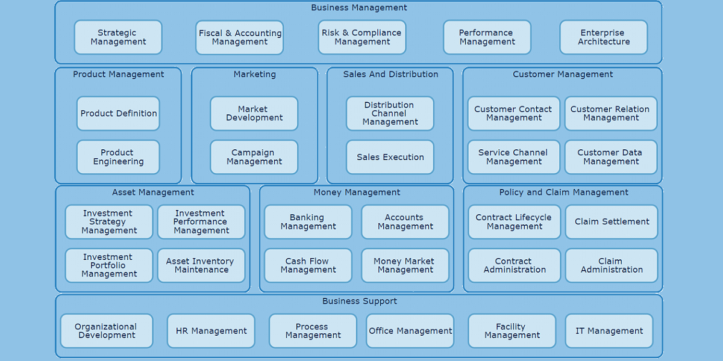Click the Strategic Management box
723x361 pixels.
tap(118, 37)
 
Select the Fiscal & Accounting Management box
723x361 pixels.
tap(240, 37)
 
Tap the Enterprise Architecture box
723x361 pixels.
tap(604, 37)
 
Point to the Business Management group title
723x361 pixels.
tap(359, 8)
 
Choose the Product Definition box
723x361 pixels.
tap(118, 113)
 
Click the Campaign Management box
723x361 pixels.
tap(254, 157)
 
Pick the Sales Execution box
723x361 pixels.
tap(390, 157)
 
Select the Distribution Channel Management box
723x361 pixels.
tap(390, 113)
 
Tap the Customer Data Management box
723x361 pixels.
tap(611, 157)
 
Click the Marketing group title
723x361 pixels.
tap(254, 74)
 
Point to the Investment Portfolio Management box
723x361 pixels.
tap(109, 265)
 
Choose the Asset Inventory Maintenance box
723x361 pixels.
tap(201, 265)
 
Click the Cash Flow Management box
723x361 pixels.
tap(308, 265)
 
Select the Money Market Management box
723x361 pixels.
tap(405, 265)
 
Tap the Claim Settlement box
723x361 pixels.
tap(612, 221)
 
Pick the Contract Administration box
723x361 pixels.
tap(515, 265)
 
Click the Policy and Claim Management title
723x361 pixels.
tap(563, 193)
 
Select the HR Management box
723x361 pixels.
tap(211, 331)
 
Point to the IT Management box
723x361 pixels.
tap(609, 331)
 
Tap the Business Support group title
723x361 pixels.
tap(359, 301)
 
